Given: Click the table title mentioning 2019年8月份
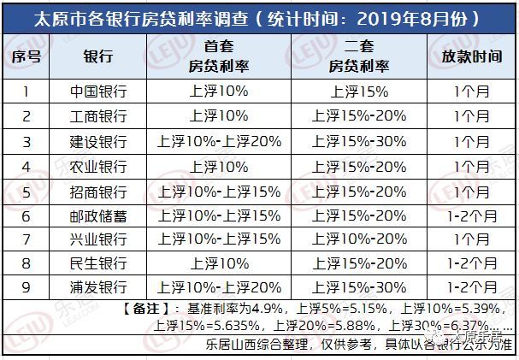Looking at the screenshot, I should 259,17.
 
